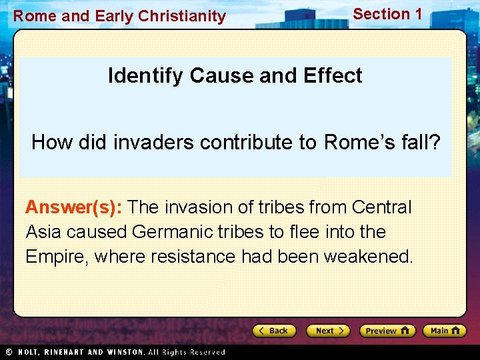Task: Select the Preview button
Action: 387,331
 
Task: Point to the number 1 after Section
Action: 417,13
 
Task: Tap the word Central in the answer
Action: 382,207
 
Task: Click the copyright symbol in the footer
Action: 9,352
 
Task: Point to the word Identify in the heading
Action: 146,75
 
